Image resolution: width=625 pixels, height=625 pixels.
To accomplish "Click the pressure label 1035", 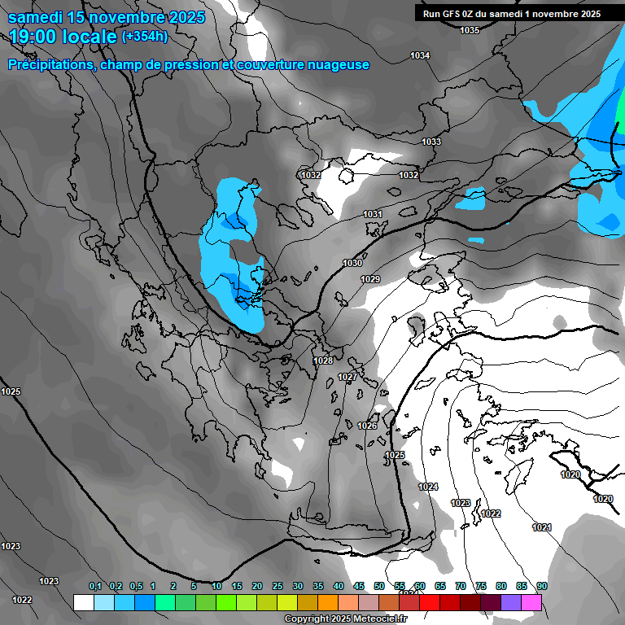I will click(470, 30).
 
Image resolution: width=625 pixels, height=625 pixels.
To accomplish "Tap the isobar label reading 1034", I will click(420, 55).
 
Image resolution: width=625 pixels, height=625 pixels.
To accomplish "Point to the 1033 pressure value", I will click(431, 142).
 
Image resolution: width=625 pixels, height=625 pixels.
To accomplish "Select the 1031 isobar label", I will click(373, 214).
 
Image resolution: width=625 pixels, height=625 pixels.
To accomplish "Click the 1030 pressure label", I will click(352, 263).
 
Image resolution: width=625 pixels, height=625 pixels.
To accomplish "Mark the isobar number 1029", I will click(370, 279).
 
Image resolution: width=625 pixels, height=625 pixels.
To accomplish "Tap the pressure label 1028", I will click(323, 361).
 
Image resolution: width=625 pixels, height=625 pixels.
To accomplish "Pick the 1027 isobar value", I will click(347, 377).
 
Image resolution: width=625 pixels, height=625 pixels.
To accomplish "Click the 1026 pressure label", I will click(367, 426).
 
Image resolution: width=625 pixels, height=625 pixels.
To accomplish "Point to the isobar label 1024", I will click(428, 487).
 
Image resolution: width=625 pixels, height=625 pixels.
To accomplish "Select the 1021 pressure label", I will click(542, 527).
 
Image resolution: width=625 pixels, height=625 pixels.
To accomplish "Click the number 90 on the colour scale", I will click(541, 586).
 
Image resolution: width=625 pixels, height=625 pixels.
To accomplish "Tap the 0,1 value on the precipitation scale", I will click(95, 586).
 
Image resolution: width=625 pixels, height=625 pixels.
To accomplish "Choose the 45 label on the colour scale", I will click(359, 586).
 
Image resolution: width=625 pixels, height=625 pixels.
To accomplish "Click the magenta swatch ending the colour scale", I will click(531, 602).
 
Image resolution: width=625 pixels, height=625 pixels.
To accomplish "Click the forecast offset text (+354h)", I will click(145, 36).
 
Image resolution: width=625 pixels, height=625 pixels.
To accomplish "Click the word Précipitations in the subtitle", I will click(50, 65).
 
